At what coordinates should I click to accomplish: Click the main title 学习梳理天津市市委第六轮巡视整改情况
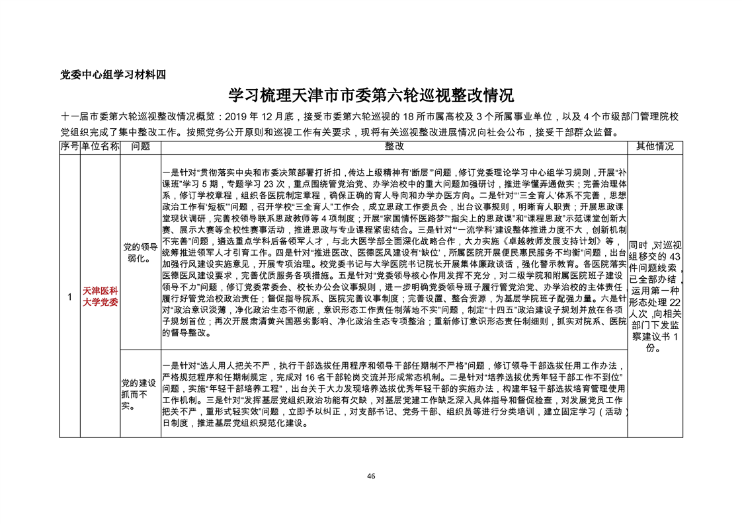coord(370,95)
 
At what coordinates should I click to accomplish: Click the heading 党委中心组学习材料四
coord(112,74)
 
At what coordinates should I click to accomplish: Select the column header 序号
coord(69,146)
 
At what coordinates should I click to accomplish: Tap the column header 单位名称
coord(100,146)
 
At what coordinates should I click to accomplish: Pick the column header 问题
coord(140,146)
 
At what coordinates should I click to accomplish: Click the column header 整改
coord(393,146)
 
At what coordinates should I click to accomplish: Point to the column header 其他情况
coord(655,146)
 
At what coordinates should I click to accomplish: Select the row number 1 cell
coord(69,297)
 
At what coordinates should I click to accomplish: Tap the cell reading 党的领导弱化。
coord(140,252)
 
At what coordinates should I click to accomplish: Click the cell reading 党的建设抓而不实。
coord(138,394)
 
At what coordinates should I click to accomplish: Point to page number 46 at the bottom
coord(371,476)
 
